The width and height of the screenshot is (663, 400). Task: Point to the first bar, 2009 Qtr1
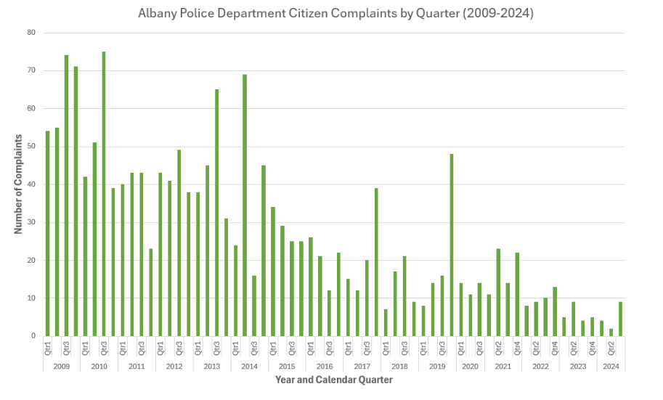tap(47, 233)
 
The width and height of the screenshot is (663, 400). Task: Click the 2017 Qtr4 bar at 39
tap(376, 262)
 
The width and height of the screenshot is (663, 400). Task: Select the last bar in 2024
tap(621, 319)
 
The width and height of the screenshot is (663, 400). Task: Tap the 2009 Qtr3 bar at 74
tap(66, 195)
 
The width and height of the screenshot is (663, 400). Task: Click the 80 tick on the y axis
tap(31, 33)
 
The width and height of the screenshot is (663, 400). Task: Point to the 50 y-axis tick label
tap(31, 147)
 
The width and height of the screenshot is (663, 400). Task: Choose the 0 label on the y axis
tap(33, 336)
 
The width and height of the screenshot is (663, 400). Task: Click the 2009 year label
tap(61, 367)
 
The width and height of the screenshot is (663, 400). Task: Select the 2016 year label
tap(325, 367)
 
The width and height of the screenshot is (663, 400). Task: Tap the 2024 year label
tap(611, 367)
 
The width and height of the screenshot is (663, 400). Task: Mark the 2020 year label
tap(470, 367)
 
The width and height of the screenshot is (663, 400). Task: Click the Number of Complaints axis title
tap(17, 184)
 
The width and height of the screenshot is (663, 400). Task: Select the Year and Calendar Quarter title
tap(333, 380)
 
